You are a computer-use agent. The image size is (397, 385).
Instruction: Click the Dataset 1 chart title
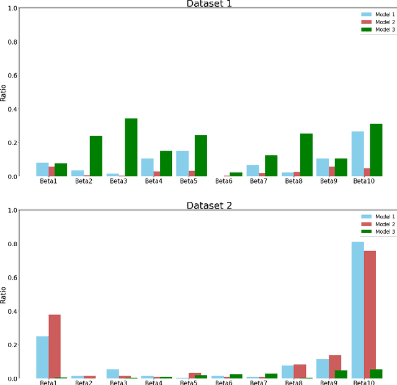[x=210, y=4]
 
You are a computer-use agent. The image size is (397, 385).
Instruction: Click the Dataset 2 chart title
[x=210, y=205]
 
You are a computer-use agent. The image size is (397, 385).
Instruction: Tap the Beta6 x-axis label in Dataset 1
[x=224, y=182]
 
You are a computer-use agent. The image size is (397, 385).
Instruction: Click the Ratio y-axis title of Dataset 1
[x=4, y=92]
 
